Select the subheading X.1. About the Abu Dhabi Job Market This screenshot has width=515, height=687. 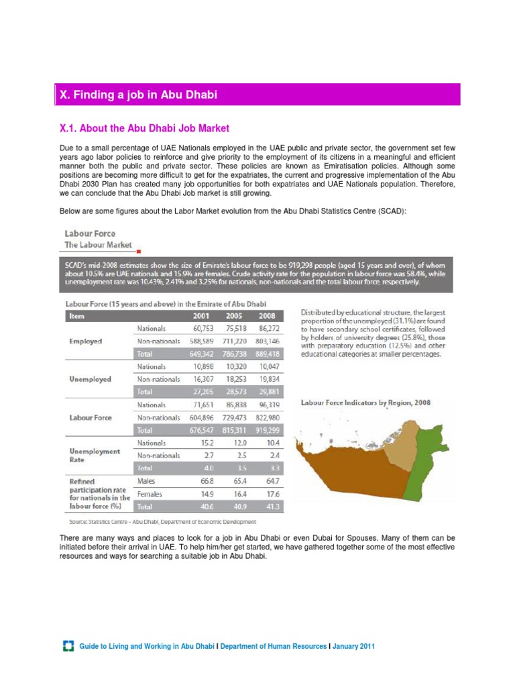[145, 127]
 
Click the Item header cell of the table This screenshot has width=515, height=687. [78, 317]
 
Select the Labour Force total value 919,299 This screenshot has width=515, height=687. [265, 430]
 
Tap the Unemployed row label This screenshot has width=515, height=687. [89, 379]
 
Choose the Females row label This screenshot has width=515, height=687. [152, 494]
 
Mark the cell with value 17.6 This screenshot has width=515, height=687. [269, 494]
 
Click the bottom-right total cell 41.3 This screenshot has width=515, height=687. [269, 507]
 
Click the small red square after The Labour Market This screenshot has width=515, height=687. [137, 250]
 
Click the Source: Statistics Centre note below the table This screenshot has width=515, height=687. [161, 521]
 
